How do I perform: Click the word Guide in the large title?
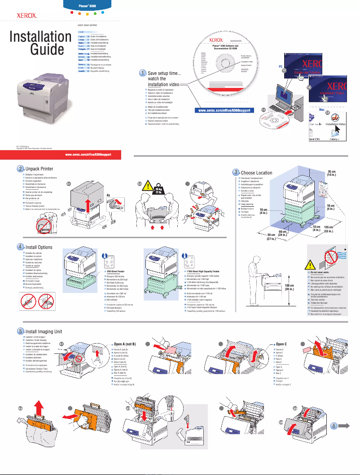[47, 49]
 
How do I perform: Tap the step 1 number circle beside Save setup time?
[142, 73]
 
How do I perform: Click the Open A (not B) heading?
[126, 344]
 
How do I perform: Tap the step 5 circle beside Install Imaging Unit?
[21, 331]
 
